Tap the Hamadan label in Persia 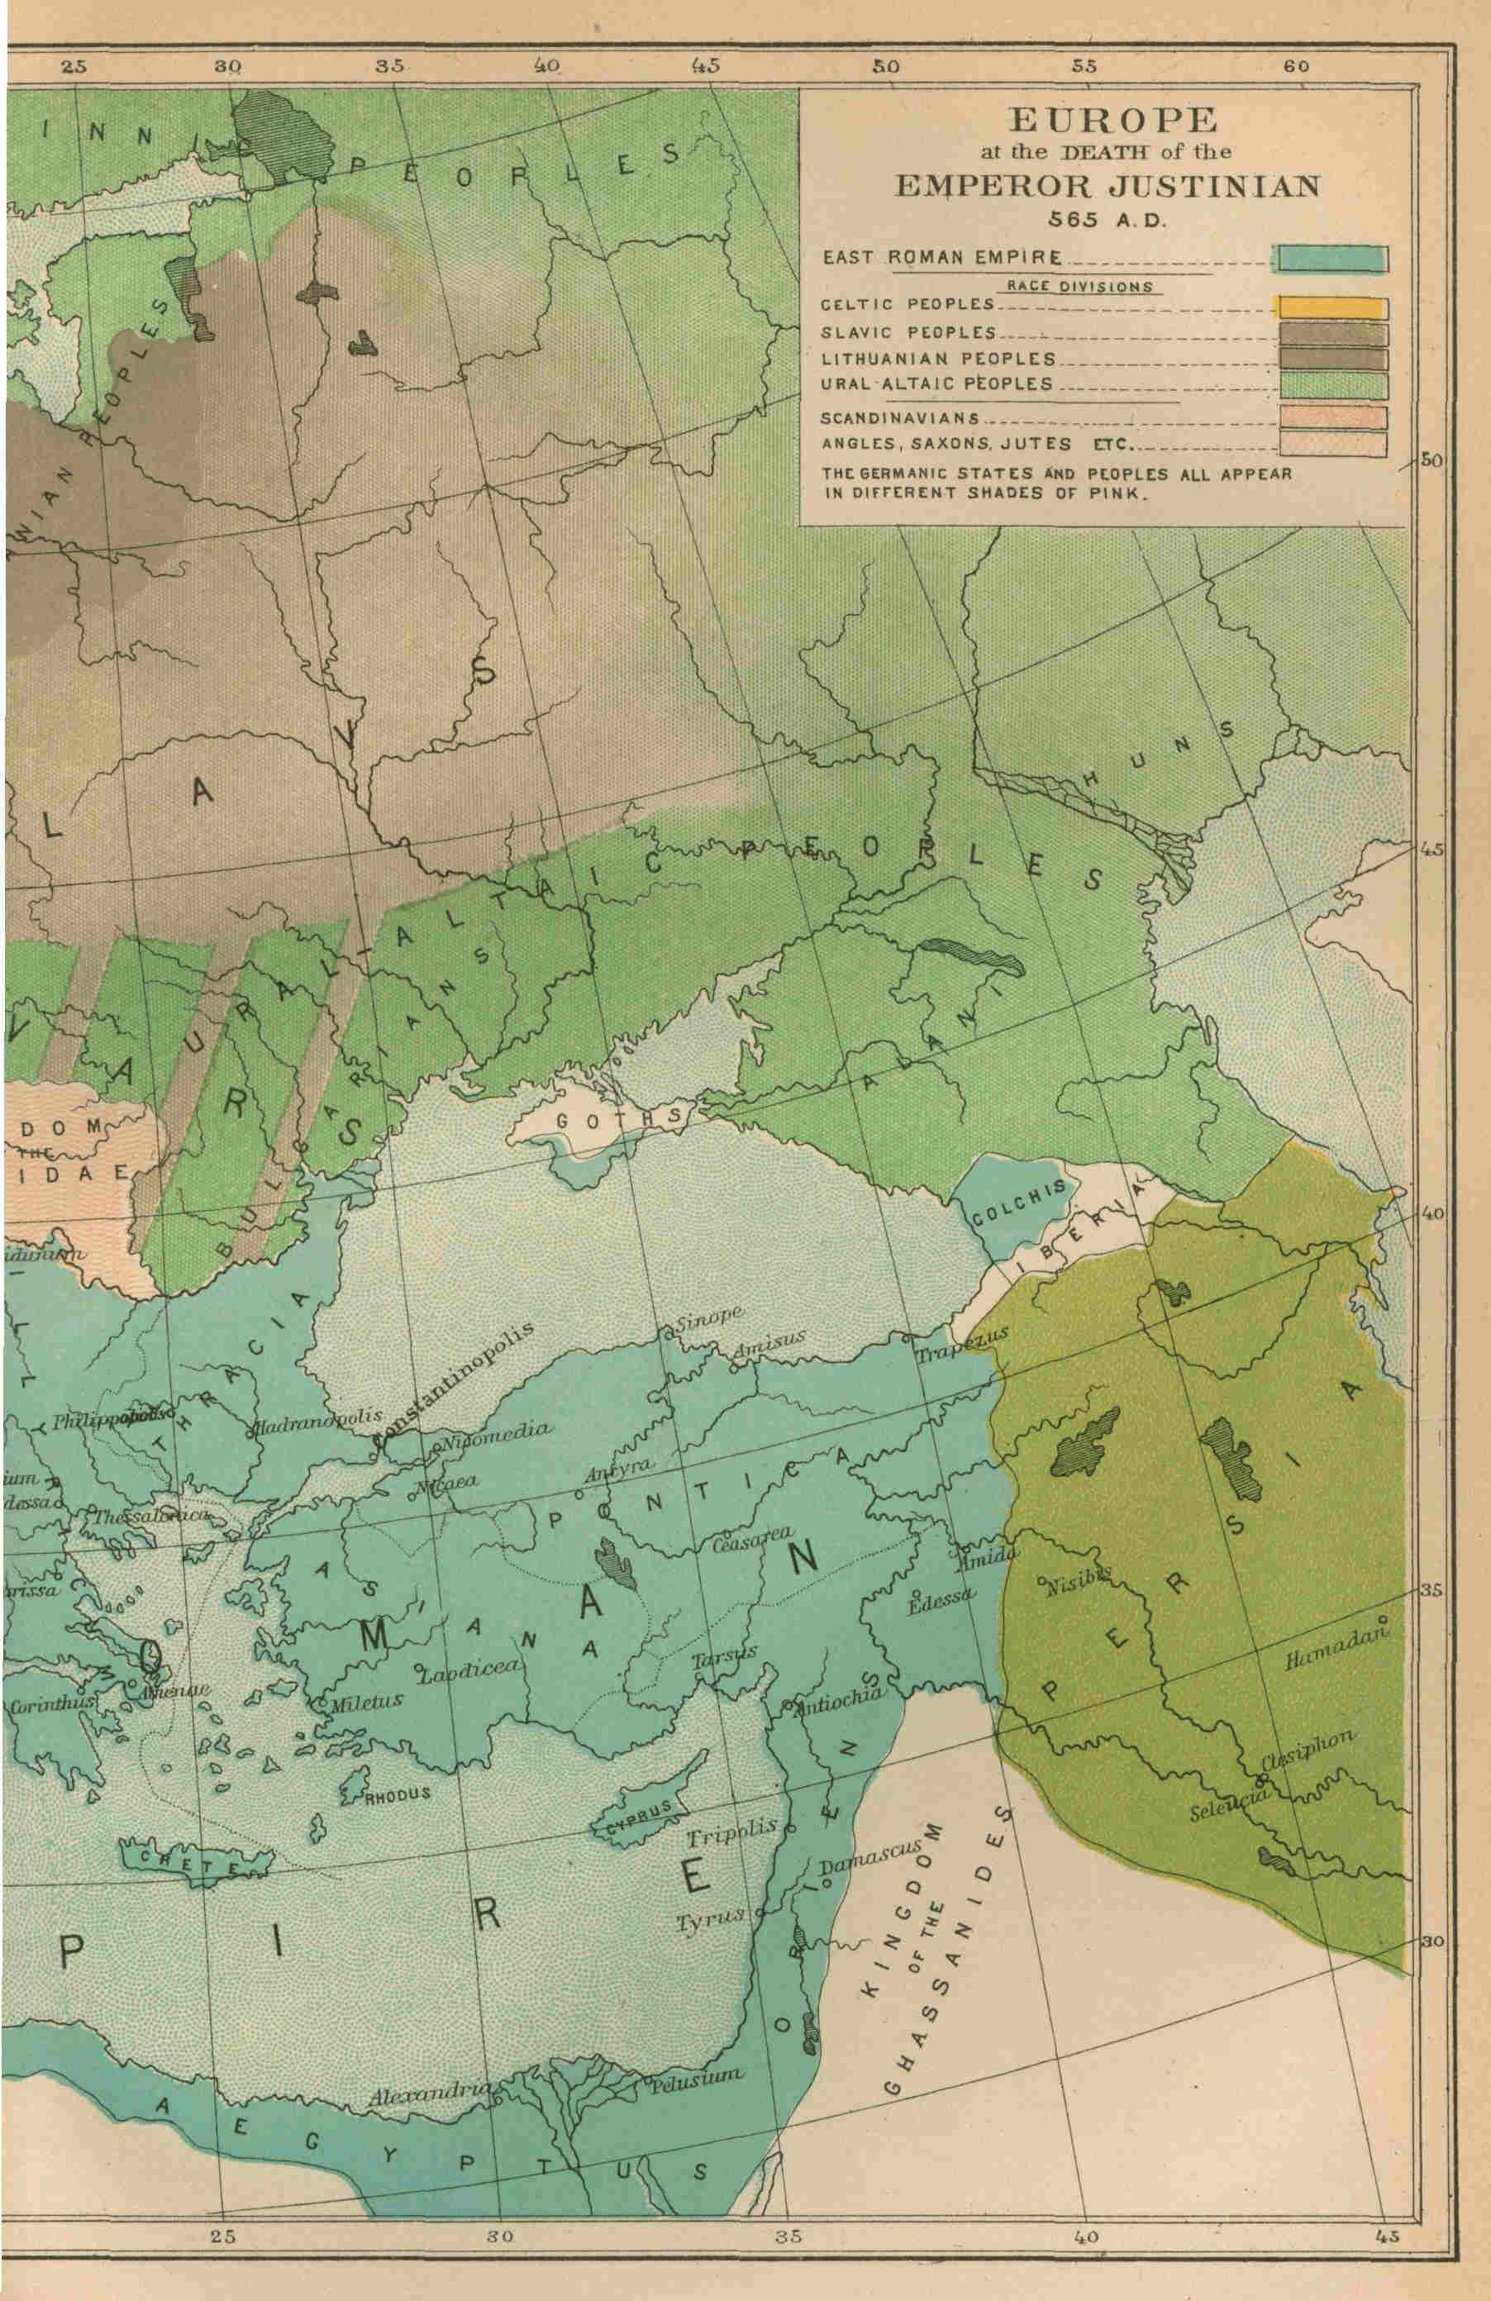click(x=1336, y=1646)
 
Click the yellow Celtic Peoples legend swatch click(x=1332, y=307)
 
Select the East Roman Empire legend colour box click(x=1332, y=258)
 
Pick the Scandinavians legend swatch click(x=1332, y=417)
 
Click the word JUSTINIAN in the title click(x=1213, y=184)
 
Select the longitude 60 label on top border click(x=1296, y=66)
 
